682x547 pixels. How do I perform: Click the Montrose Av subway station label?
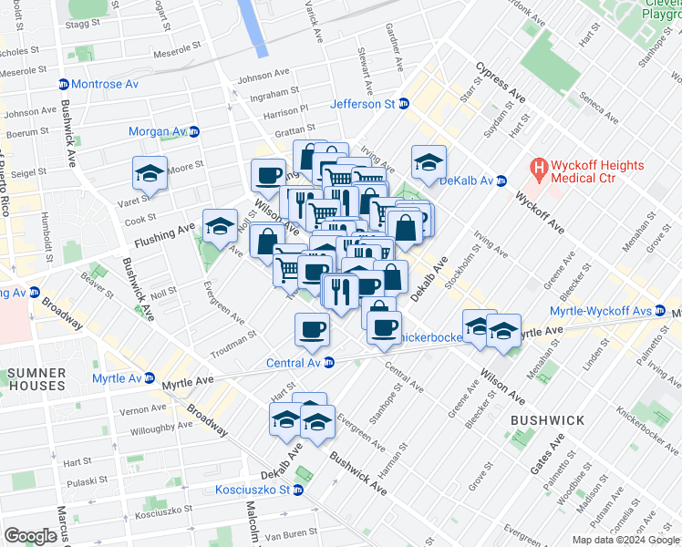[x=105, y=84]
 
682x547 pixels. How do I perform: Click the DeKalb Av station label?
[x=466, y=181]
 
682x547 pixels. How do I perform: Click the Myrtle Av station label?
[x=117, y=378]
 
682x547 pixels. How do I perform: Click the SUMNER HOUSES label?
[x=36, y=379]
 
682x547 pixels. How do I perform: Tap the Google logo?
[x=30, y=535]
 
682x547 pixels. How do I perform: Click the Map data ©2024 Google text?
[x=625, y=540]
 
